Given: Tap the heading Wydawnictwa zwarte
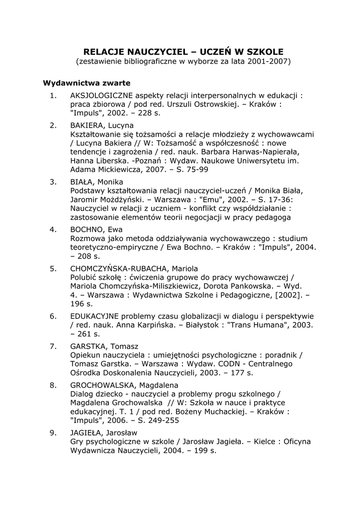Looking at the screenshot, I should click(x=87, y=83).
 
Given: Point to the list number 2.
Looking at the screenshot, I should click(x=53, y=125).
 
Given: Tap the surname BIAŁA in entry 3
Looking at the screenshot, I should click(x=81, y=182).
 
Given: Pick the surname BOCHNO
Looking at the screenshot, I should click(x=85, y=230).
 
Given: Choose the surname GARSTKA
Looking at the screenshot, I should click(x=87, y=346).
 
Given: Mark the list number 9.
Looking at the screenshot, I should click(x=53, y=432).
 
